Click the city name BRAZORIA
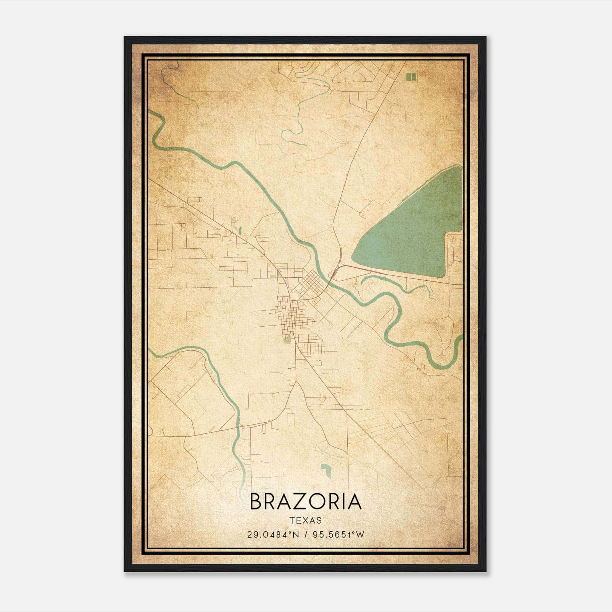(306, 501)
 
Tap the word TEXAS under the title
(306, 521)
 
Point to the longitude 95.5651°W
(339, 534)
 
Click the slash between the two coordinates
(304, 534)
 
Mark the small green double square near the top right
(411, 77)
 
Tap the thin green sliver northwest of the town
(240, 230)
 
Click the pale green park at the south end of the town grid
(286, 339)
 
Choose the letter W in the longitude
(360, 534)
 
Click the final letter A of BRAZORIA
(355, 501)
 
